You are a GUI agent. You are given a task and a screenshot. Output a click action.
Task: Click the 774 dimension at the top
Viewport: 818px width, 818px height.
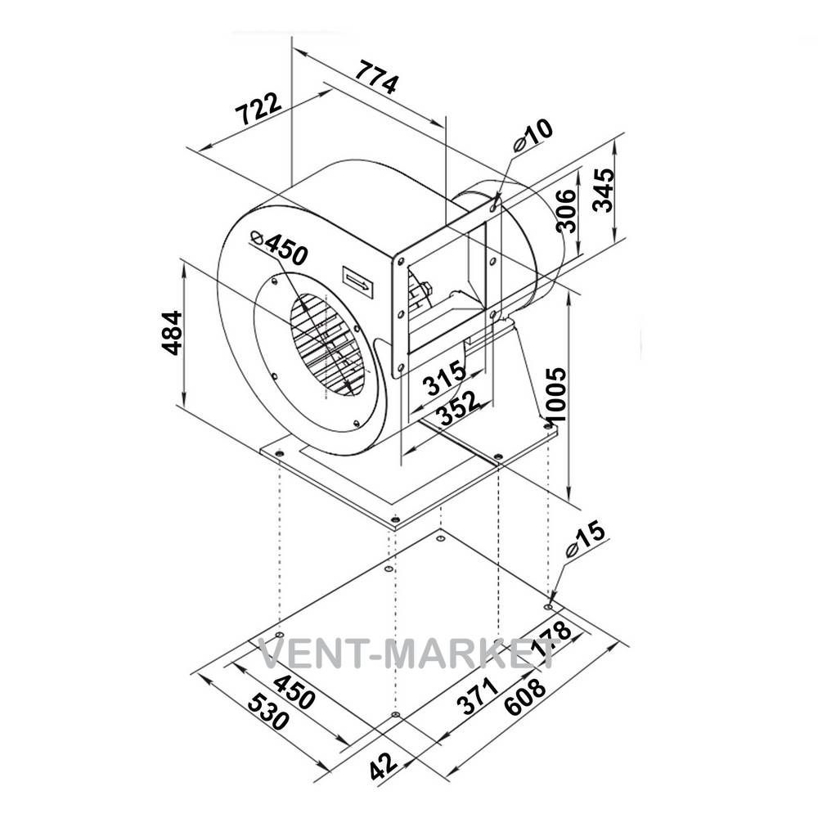click(x=376, y=78)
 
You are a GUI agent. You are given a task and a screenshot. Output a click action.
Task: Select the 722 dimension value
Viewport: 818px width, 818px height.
click(x=258, y=109)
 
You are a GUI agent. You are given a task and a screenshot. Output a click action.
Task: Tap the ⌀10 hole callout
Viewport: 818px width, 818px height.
click(x=533, y=135)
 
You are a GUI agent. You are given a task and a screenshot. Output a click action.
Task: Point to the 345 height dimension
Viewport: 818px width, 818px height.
click(x=604, y=190)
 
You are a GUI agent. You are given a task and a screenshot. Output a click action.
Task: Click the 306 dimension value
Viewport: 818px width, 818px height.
click(x=566, y=210)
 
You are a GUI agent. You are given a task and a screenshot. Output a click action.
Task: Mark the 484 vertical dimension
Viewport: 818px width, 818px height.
click(x=172, y=333)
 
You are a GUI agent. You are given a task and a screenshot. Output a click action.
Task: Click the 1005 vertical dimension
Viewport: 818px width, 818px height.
click(x=555, y=396)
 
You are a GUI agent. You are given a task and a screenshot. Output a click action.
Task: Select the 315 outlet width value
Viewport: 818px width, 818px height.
click(x=444, y=377)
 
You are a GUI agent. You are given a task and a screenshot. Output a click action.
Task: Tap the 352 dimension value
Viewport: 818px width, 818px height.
click(x=457, y=408)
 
